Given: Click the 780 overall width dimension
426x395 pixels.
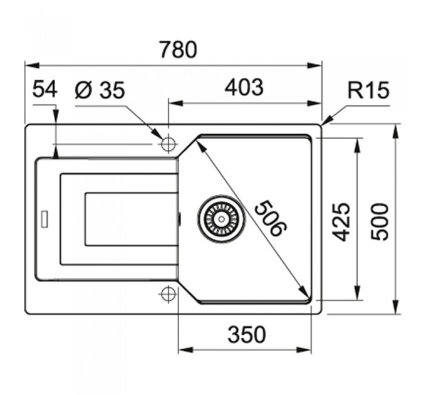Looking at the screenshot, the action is pos(178,50).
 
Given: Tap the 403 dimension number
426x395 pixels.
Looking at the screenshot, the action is pos(244,88).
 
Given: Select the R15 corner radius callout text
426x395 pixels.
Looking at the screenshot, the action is pos(368,90).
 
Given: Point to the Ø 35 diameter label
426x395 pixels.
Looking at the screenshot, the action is pos(100,90).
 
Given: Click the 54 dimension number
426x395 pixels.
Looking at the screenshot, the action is pos(45,89).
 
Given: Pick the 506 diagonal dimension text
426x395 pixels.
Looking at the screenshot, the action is pos(271,218).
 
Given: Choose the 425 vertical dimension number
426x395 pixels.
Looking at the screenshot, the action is pos(341,222).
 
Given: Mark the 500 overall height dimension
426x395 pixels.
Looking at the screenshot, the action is pos(380,222).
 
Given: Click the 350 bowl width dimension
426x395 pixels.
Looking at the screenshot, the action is pos(247,334).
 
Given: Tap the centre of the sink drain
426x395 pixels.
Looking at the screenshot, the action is pos(221,219).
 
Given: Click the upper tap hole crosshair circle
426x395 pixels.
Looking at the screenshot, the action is pos(168,143).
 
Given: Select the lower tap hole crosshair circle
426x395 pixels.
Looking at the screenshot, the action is pos(168,293).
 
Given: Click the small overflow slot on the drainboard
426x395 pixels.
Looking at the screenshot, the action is pos(44,218).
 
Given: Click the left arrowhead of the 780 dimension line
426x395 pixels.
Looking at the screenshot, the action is pos(32,65).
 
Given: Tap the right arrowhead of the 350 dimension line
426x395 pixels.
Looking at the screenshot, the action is pos(304,350).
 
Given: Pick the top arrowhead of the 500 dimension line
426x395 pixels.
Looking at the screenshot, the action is pos(397,132).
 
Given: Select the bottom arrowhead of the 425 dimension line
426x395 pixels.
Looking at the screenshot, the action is pos(358,293).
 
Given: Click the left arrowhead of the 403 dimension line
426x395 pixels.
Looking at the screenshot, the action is pos(176,103).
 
